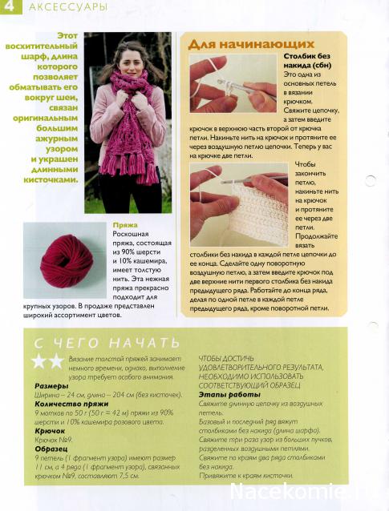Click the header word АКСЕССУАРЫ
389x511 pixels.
(56, 6)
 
